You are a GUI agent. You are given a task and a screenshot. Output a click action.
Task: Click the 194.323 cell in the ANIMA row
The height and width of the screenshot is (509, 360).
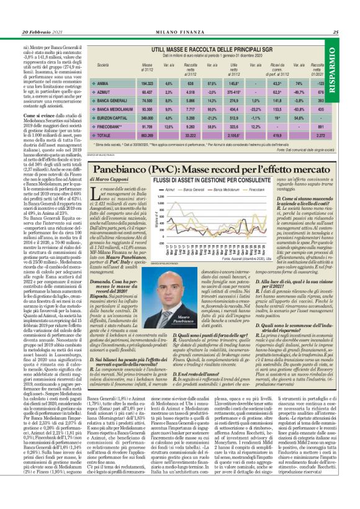[x=147, y=83]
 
